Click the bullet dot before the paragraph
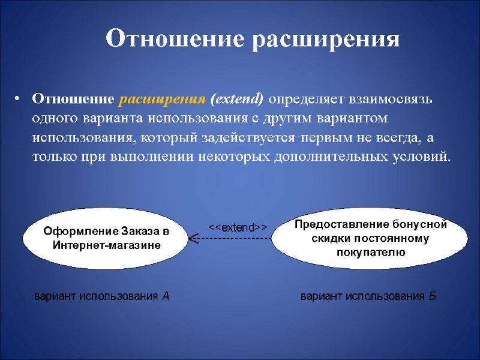(19, 99)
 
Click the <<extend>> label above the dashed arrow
(237, 227)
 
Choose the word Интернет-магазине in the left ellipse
(106, 245)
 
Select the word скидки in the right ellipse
(328, 239)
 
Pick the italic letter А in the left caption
(166, 296)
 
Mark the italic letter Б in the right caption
(433, 296)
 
